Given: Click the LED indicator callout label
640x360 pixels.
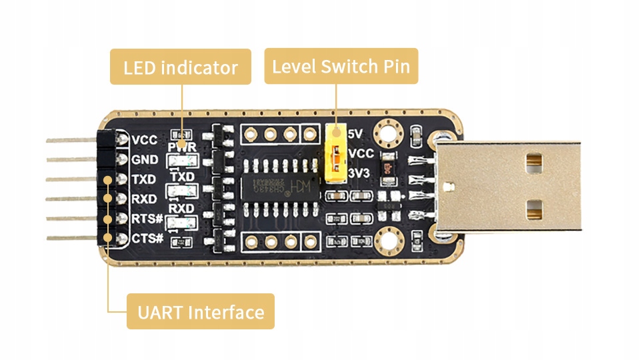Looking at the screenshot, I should [180, 67].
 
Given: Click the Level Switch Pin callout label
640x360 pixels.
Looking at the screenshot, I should [341, 66].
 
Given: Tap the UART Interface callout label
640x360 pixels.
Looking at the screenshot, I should [200, 311].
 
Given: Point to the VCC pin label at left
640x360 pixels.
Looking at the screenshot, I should [145, 140].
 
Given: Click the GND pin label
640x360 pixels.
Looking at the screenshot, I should [145, 160].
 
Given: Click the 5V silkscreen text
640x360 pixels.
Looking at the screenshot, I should [356, 133].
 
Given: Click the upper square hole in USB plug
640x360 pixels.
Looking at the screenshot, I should [533, 160].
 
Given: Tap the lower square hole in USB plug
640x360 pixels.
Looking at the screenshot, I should [533, 211].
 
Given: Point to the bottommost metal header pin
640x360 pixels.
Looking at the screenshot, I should [70, 238].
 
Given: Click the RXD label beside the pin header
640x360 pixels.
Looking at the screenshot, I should [144, 199].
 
